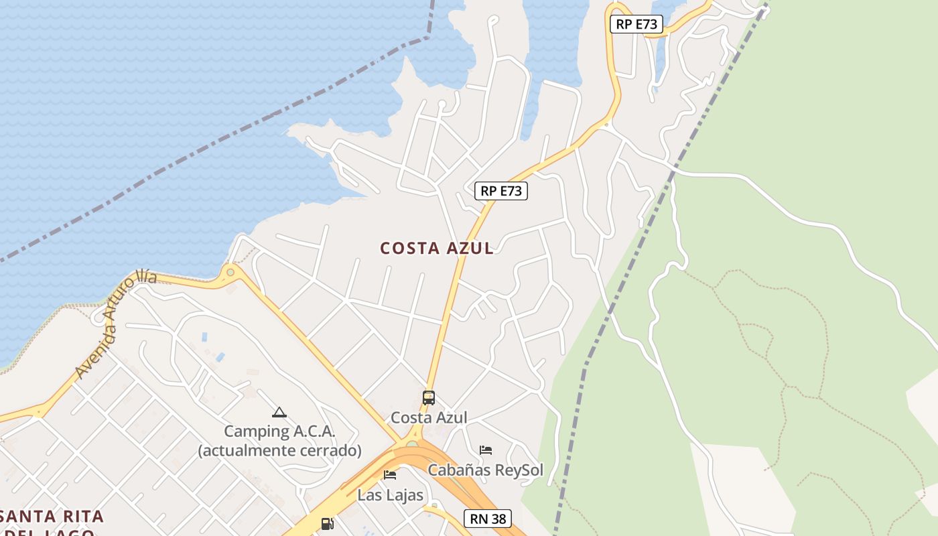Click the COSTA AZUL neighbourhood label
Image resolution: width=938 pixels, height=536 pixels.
[437, 248]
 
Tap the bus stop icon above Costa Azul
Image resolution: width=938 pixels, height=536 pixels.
[429, 398]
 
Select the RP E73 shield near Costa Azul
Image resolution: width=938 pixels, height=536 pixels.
[501, 191]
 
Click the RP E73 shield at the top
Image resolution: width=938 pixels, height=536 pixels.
[636, 24]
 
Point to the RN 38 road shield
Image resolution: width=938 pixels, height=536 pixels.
[488, 518]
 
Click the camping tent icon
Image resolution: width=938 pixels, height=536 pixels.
[279, 412]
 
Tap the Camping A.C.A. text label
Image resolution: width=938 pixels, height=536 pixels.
[279, 431]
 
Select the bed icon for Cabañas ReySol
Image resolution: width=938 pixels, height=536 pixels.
[486, 450]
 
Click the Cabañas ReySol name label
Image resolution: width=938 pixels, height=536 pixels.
[486, 470]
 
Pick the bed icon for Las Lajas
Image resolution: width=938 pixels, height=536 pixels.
[390, 475]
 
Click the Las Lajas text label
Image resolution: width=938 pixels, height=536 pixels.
[391, 495]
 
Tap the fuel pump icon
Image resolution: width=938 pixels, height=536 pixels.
[327, 523]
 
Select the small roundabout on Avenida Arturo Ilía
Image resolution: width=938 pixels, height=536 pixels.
[230, 272]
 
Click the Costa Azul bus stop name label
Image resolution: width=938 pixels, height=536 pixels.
[429, 417]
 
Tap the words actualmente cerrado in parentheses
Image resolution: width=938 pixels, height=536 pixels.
[279, 450]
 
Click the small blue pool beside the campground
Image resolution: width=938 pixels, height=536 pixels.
[220, 356]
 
